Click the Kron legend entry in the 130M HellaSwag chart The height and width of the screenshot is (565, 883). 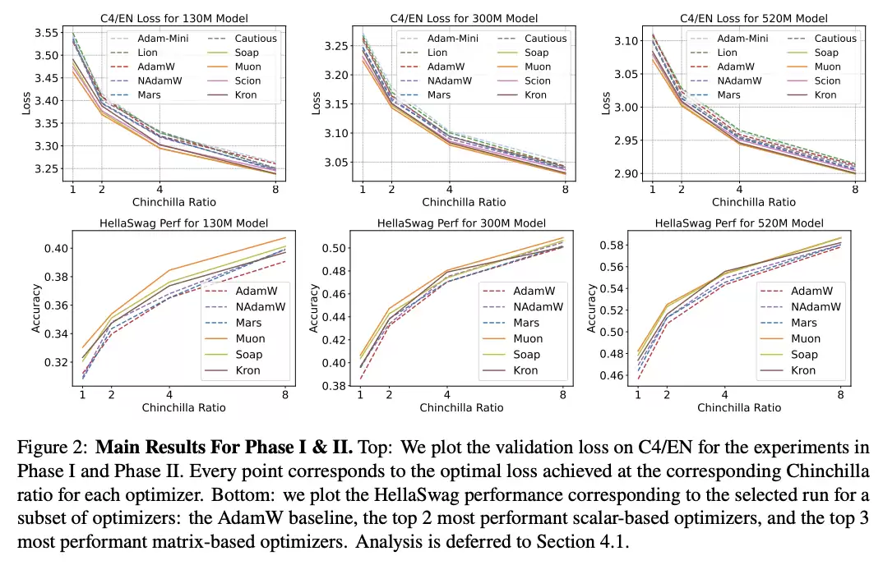click(247, 370)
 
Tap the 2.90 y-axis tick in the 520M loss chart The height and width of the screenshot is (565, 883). click(622, 173)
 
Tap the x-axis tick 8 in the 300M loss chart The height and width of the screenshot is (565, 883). click(565, 189)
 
